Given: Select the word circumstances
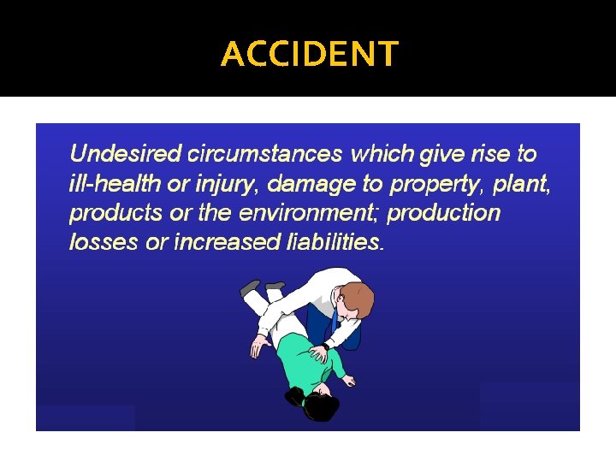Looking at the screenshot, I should click(x=265, y=154).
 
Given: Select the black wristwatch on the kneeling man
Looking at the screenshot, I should click(x=326, y=347).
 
